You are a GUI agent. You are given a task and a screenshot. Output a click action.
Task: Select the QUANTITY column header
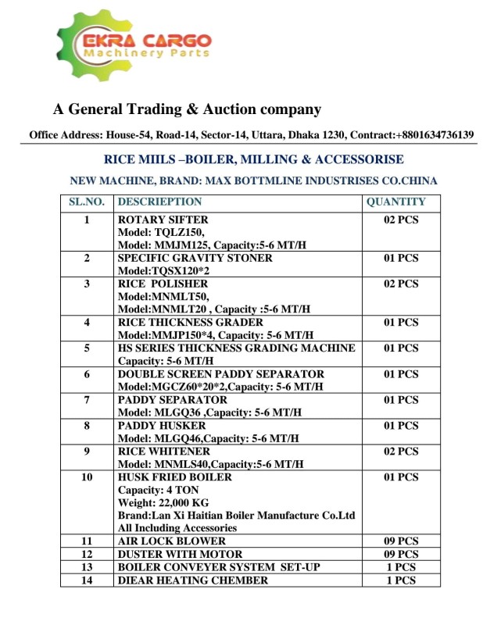pos(395,202)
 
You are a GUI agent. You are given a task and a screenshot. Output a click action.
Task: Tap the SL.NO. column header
pos(88,202)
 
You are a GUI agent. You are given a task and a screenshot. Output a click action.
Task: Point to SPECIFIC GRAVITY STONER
pos(195,258)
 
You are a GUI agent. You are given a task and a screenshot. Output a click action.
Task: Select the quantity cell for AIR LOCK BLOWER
pos(401,541)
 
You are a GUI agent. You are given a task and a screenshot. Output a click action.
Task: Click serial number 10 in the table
pos(88,477)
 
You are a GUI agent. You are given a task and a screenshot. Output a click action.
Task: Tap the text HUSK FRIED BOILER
pos(174,477)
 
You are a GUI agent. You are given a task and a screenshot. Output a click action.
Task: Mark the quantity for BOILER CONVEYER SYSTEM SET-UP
pos(401,566)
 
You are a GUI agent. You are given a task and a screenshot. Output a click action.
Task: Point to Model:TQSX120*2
pos(163,271)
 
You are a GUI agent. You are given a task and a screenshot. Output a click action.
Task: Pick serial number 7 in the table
pos(88,400)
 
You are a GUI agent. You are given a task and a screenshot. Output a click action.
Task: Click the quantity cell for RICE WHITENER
pos(401,452)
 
